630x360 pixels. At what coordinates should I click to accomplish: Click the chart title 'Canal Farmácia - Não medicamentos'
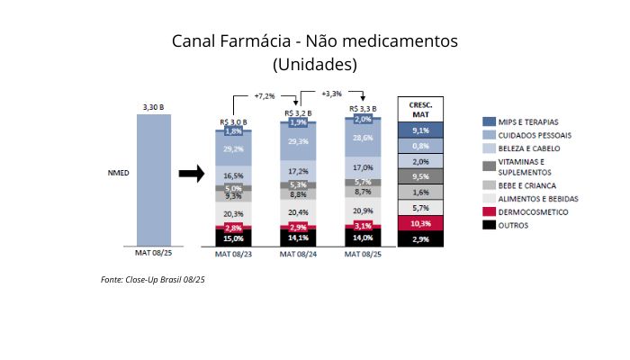(x=315, y=41)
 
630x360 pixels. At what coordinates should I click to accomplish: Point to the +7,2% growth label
(x=264, y=95)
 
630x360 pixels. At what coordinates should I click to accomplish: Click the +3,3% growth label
(x=331, y=94)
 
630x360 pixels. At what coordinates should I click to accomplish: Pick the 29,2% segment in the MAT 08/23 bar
(x=232, y=148)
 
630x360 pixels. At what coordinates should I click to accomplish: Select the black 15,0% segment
(x=232, y=238)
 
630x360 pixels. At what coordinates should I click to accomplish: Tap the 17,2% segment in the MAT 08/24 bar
(x=299, y=170)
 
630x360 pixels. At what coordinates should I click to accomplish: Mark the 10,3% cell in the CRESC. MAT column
(x=420, y=222)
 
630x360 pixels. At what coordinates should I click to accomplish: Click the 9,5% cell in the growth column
(x=420, y=176)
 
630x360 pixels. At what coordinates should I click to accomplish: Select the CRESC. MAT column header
(x=420, y=109)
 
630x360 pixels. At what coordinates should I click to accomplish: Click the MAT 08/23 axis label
(x=232, y=255)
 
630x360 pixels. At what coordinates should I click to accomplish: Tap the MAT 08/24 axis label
(x=299, y=255)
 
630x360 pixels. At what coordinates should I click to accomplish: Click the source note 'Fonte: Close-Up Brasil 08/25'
(x=153, y=281)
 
